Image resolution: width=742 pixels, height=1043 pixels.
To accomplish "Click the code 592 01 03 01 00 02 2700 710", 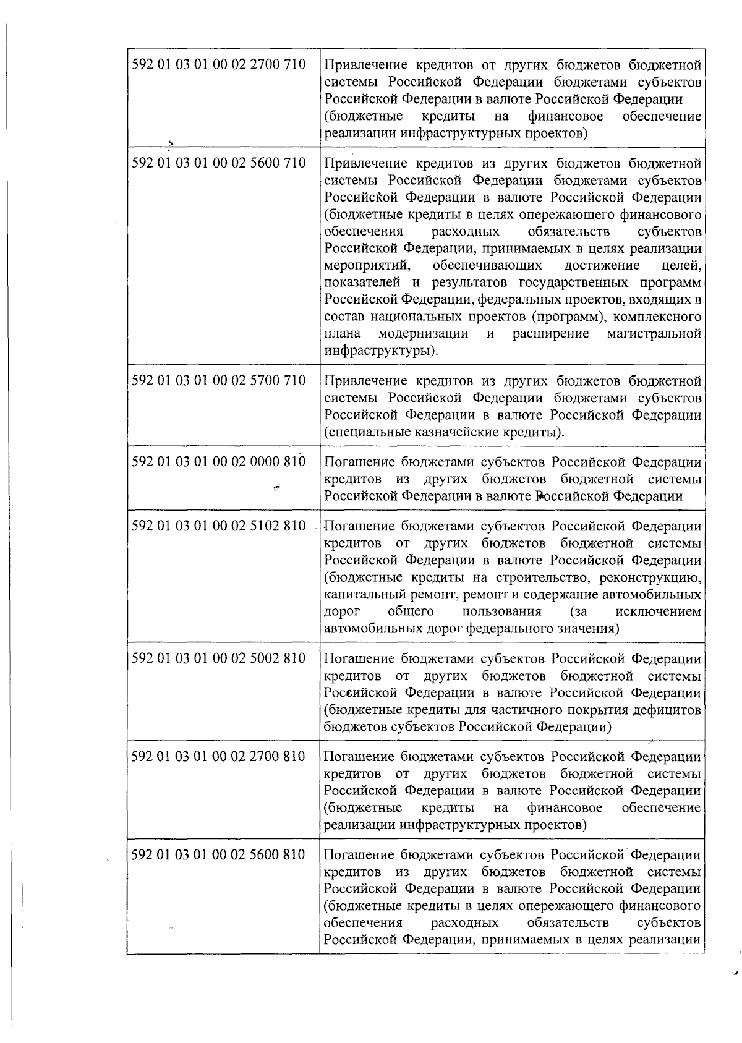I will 219,64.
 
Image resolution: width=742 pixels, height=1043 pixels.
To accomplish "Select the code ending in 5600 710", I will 219,163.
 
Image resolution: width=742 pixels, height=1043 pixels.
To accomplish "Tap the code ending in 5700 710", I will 219,380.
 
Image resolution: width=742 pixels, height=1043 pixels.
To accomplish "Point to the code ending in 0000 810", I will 219,462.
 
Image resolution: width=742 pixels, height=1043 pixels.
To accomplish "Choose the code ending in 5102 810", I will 219,526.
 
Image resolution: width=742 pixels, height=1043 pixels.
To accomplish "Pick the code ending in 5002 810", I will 219,658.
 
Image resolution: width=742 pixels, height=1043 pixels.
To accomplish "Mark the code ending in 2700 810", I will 219,756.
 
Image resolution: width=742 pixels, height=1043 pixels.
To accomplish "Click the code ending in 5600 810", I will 219,854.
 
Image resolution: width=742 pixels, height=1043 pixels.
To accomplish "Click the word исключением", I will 659,611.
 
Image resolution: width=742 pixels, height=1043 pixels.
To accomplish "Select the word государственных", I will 574,283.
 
